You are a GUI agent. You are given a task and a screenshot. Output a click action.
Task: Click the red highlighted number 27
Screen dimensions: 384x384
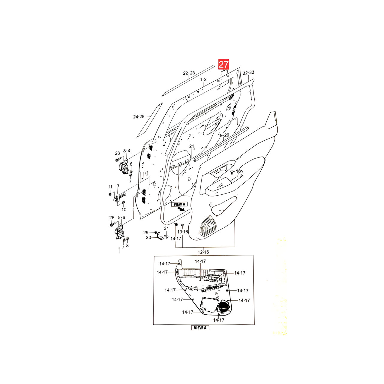pos(223,64)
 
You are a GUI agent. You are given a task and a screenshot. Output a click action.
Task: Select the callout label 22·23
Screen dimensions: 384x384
pos(189,73)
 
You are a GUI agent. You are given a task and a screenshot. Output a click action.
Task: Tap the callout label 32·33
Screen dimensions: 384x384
pos(248,73)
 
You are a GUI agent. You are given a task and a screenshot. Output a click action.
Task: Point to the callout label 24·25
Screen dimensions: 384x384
pos(139,117)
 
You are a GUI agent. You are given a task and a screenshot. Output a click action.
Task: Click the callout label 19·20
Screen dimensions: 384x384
pos(223,135)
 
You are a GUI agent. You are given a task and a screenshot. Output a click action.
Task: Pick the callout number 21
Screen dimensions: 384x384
pos(191,146)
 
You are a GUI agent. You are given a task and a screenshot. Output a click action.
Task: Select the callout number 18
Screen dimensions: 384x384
pos(238,171)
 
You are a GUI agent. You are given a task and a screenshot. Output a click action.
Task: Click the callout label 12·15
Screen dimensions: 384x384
pos(203,252)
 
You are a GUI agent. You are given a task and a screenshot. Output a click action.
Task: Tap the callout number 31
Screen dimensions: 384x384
pos(166,228)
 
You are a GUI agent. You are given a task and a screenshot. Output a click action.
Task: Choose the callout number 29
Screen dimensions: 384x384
pos(146,232)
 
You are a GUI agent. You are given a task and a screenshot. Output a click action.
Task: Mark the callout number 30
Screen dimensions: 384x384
pos(148,238)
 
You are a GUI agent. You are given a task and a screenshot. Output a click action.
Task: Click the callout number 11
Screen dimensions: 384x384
pos(110,187)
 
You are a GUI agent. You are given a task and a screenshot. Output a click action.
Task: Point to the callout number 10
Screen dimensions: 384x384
pos(124,210)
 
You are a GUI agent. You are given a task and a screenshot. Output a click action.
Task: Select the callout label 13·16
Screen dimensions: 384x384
pos(183,232)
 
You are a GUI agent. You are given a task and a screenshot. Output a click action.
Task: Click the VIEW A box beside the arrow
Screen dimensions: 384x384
pos(179,204)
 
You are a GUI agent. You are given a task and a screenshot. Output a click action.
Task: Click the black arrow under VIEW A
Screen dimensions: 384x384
pos(181,209)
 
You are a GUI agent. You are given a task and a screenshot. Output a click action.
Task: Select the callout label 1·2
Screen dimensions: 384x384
pos(203,80)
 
